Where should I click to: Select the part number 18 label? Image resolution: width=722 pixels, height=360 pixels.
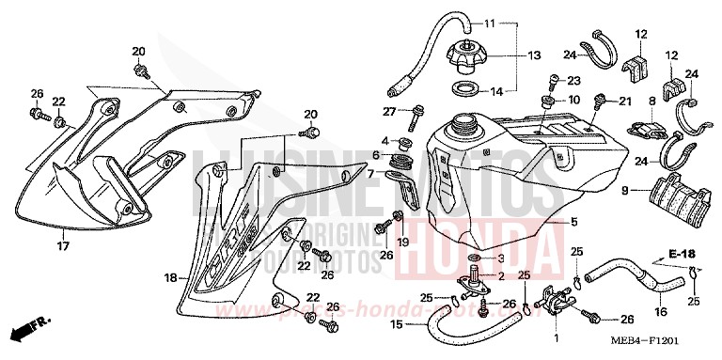click(x=170, y=277)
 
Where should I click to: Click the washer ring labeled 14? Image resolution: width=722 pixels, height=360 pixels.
click(x=463, y=89)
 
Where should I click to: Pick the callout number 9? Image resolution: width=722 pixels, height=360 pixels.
click(x=623, y=192)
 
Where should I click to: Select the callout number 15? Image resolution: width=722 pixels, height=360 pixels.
click(x=397, y=324)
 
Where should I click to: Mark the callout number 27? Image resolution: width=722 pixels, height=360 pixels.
click(x=386, y=112)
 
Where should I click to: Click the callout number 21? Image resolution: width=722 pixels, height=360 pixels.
click(x=623, y=101)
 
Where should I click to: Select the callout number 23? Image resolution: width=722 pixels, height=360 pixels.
click(x=573, y=81)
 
